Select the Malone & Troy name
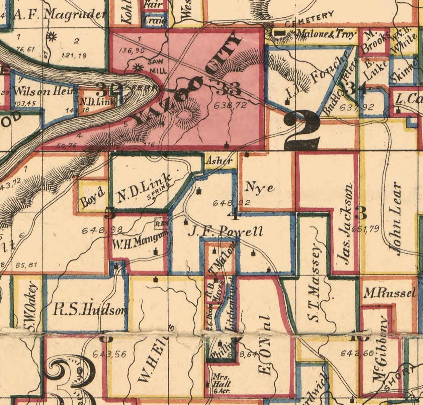coord(325,34)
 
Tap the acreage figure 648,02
coord(227,203)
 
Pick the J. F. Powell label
coord(225,231)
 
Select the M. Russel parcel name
coord(390,293)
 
